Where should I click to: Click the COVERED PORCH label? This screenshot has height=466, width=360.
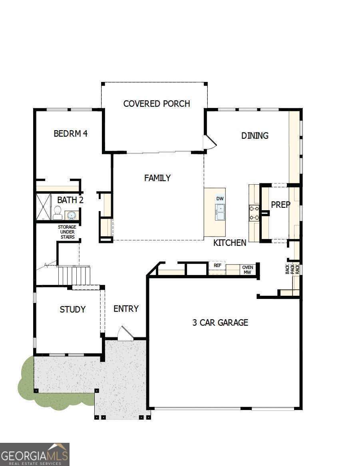tap(157, 104)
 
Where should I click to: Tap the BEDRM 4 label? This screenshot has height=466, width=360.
tap(70, 133)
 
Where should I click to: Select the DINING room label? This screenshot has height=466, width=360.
tap(255, 136)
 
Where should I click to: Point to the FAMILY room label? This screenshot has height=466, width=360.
tap(157, 178)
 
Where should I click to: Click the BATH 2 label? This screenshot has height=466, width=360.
tap(70, 200)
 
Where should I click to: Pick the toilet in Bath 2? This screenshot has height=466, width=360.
tap(57, 213)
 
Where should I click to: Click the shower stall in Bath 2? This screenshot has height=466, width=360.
tap(43, 207)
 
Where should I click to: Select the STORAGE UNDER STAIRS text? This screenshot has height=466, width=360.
tap(68, 232)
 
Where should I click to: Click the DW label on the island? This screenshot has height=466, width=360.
tap(220, 199)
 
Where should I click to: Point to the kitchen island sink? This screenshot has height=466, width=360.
tap(220, 212)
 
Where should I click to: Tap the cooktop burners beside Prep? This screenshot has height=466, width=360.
tap(254, 213)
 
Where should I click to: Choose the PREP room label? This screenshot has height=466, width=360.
tap(280, 205)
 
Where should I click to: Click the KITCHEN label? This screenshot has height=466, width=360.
tap(230, 243)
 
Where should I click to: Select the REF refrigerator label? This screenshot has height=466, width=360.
tap(217, 265)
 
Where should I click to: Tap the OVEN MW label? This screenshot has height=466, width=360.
tap(248, 270)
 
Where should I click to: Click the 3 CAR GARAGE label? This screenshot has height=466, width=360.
tap(220, 323)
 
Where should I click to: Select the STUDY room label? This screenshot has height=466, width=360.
tap(72, 309)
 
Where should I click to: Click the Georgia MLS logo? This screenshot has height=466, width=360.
tap(35, 454)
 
